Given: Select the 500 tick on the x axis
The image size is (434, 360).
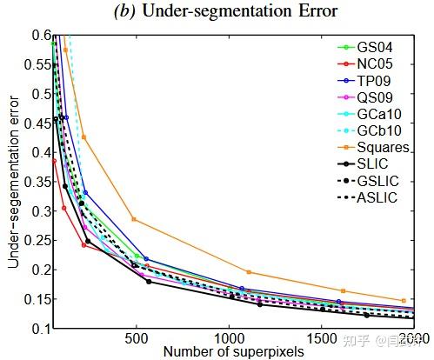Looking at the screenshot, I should click(136, 338).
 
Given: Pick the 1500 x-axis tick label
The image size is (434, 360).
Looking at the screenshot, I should click(321, 338).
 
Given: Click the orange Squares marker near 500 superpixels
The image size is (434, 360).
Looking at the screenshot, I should click(133, 219).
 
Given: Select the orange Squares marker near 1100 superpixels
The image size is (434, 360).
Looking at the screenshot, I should click(249, 272).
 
